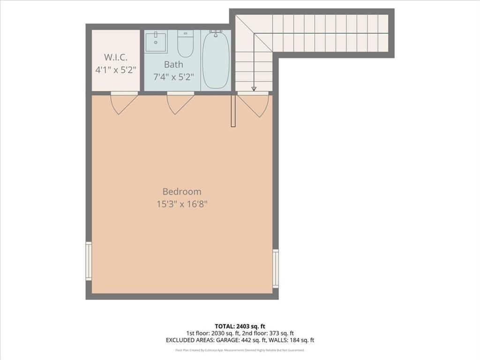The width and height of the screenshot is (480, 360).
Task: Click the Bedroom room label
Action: tap(182, 191)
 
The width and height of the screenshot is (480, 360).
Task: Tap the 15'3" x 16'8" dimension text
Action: tap(182, 204)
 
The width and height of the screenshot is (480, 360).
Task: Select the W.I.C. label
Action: tap(115, 57)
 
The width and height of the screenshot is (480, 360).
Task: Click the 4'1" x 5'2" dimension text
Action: tap(115, 70)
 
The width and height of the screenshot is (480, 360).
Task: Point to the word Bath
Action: tap(173, 64)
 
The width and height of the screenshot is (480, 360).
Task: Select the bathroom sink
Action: tap(155, 42)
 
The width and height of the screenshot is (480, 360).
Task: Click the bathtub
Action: tap(216, 59)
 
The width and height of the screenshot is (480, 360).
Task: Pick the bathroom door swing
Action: tap(180, 103)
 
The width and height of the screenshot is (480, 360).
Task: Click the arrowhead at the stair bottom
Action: tap(254, 88)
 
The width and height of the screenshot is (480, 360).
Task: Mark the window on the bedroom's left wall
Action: tap(89, 261)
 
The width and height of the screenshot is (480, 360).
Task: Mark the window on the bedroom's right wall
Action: tap(276, 268)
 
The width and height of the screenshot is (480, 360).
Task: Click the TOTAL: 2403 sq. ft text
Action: tap(240, 326)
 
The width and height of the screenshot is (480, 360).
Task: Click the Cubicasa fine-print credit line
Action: tap(240, 350)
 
